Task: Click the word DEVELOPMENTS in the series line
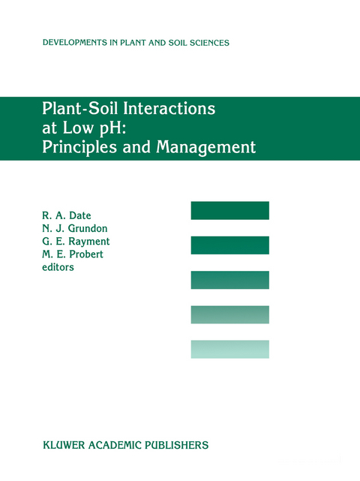pos(73,43)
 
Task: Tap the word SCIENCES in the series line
pos(206,43)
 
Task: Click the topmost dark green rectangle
pos(229,211)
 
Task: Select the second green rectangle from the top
pos(229,245)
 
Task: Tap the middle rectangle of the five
pos(229,280)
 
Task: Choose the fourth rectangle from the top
pos(229,314)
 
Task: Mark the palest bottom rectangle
pos(229,349)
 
